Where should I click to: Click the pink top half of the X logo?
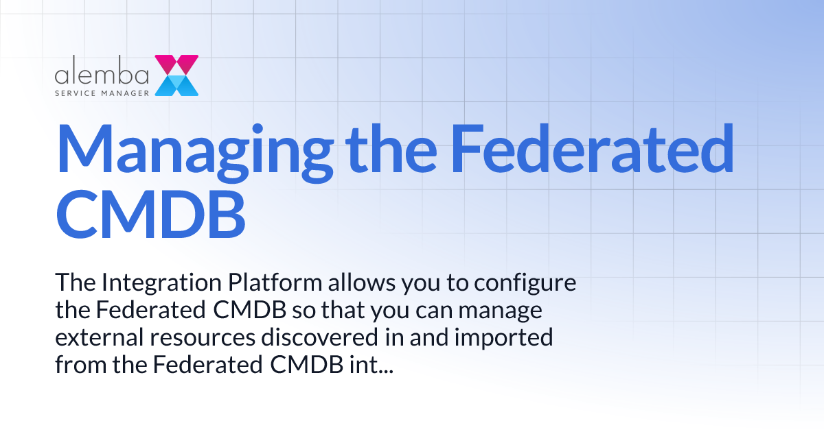(176, 64)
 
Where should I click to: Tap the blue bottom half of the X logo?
(176, 85)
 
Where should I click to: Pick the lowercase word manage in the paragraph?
(501, 311)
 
